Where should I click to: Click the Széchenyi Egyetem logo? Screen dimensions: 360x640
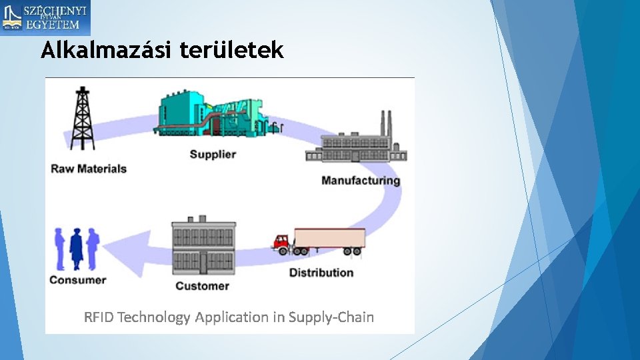click(45, 18)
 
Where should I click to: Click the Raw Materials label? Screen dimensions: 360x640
click(89, 169)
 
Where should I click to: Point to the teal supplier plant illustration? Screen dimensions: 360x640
click(211, 115)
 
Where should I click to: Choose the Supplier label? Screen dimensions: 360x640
click(213, 155)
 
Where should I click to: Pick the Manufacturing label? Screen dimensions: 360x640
click(361, 181)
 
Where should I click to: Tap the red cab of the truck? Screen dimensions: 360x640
click(283, 243)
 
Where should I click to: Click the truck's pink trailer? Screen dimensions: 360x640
click(330, 239)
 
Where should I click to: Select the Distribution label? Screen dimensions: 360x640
click(321, 273)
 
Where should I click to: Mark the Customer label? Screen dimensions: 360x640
click(202, 286)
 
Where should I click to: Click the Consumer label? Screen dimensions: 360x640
click(78, 280)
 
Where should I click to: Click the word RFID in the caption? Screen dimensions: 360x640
click(99, 317)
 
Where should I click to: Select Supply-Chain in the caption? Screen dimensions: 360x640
click(331, 317)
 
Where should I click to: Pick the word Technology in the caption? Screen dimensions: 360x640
click(154, 317)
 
